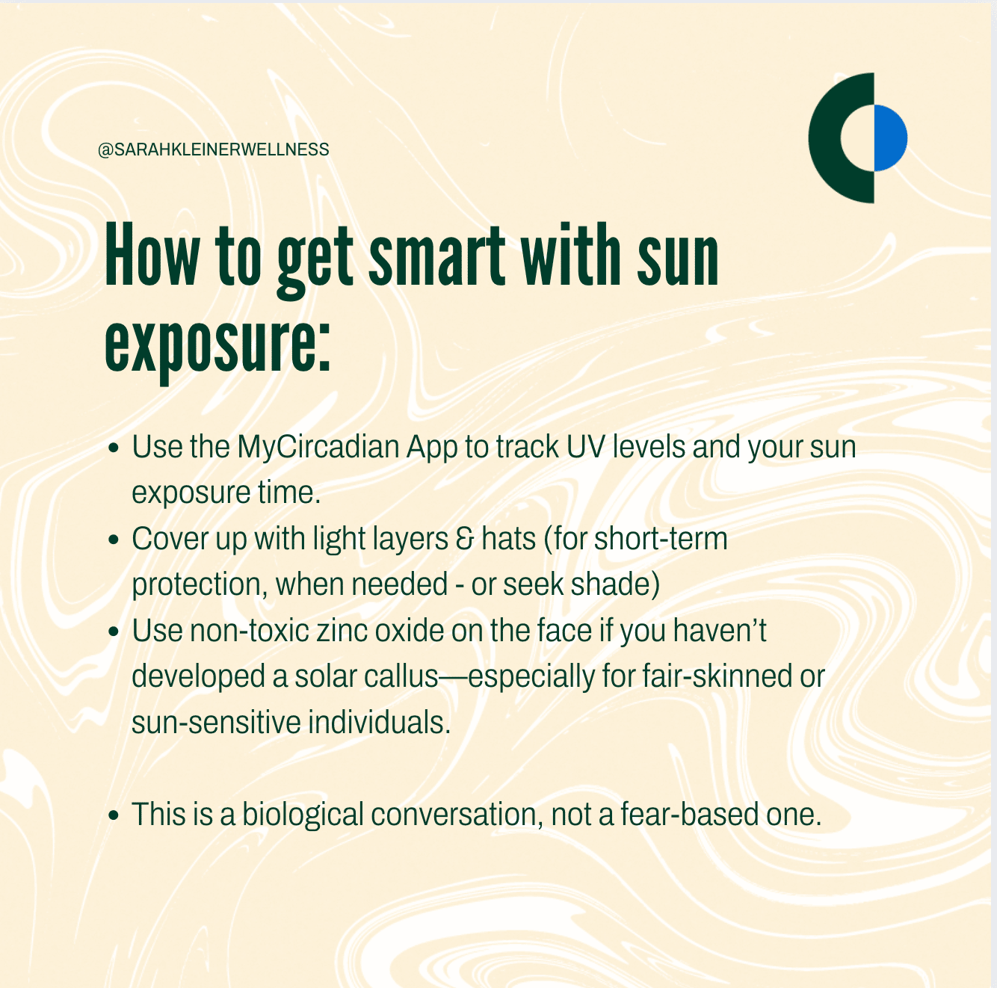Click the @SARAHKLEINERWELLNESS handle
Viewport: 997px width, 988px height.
coord(213,149)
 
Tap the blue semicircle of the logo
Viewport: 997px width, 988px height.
coord(890,138)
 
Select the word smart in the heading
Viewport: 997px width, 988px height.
coord(436,256)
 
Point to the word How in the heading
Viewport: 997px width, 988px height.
coord(152,255)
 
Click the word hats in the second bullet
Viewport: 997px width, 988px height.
coord(508,539)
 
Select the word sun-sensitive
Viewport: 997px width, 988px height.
coord(216,723)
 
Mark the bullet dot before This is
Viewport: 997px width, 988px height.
coord(114,816)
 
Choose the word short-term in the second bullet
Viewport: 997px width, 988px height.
coord(661,539)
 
